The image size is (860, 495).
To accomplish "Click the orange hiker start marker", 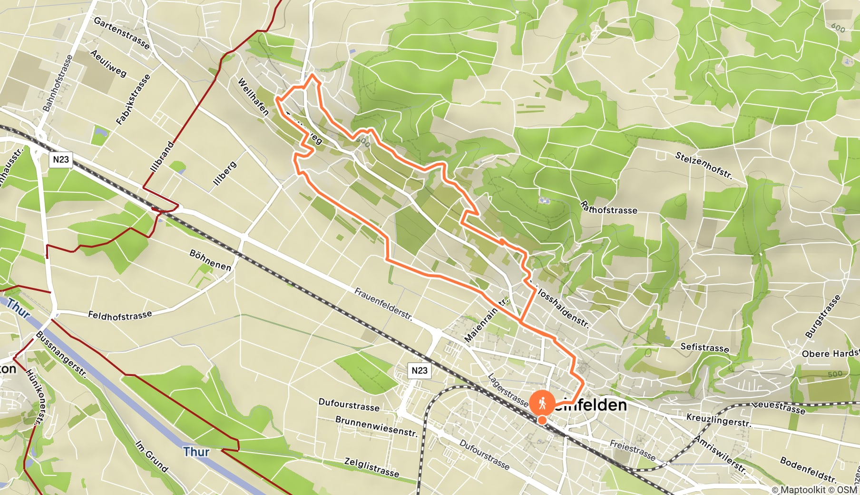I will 542,404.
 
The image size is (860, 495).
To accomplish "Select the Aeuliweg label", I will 108,63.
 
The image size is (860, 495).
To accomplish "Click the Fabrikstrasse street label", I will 133,99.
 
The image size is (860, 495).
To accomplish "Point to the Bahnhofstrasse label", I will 58,83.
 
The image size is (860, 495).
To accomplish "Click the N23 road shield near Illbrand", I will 61,159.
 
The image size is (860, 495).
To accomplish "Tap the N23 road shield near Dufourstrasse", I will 419,370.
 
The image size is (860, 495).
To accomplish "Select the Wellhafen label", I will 253,97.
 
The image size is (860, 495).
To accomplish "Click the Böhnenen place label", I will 210,260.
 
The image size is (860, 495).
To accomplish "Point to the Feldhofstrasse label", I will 120,315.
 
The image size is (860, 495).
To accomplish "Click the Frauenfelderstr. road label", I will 383,304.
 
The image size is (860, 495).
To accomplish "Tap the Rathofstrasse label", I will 609,208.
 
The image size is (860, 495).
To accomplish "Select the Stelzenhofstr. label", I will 704,165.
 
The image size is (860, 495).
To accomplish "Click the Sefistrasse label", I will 704,347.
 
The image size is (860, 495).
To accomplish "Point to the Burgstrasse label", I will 822,317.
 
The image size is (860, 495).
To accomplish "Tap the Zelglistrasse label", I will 371,467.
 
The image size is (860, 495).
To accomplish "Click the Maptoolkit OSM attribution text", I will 814,489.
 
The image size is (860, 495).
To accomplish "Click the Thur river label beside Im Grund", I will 196,451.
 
